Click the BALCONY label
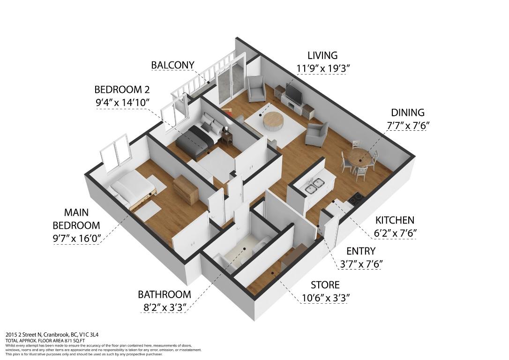(172, 65)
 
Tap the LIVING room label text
(322, 55)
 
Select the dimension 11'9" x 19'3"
(322, 68)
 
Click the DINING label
(407, 112)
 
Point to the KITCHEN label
(395, 220)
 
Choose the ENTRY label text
(360, 251)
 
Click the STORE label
(325, 285)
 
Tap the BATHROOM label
(164, 294)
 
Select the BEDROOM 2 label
(122, 89)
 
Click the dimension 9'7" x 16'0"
(76, 239)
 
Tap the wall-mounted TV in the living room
(294, 92)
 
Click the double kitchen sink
(314, 185)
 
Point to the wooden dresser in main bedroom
(185, 190)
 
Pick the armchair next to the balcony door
(256, 89)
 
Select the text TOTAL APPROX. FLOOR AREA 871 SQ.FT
(45, 340)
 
